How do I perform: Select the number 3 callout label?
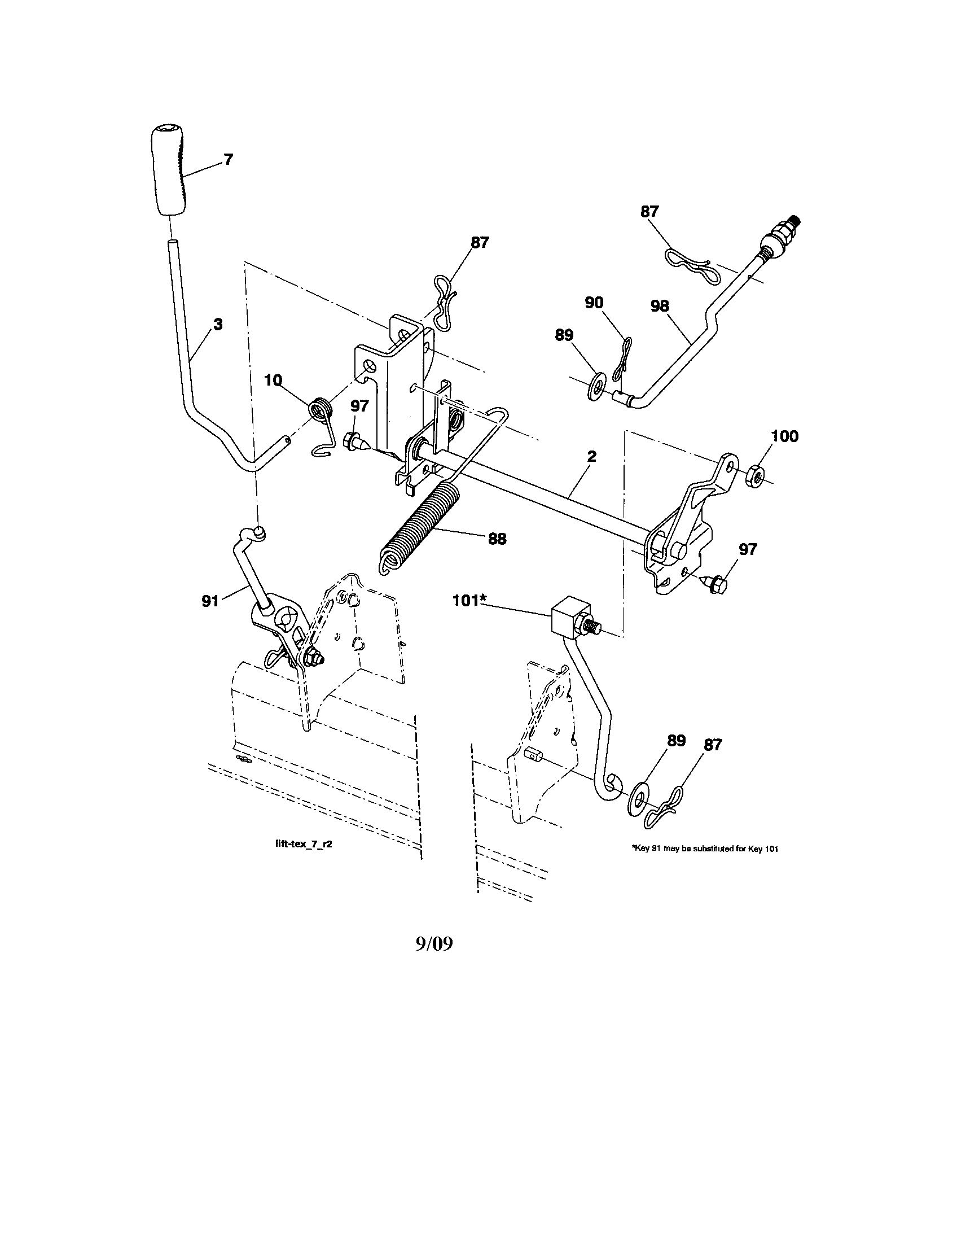pos(218,325)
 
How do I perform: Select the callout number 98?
pos(660,307)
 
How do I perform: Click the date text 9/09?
pos(434,944)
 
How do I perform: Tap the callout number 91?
pos(210,601)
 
